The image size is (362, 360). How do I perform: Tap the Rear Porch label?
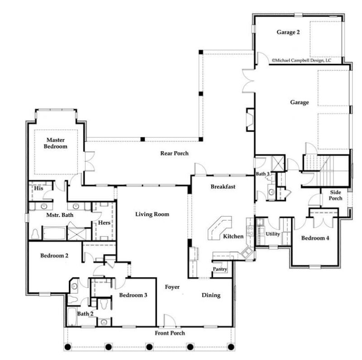click(174, 153)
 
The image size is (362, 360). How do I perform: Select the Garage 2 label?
click(288, 32)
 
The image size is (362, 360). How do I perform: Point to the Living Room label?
click(152, 214)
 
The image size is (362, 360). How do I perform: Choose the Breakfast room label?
click(223, 187)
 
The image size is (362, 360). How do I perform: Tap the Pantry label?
click(219, 270)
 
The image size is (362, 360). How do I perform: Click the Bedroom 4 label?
click(315, 238)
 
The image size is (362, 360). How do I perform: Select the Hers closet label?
click(104, 223)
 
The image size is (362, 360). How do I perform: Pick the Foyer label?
click(172, 287)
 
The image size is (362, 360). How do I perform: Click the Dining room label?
click(211, 295)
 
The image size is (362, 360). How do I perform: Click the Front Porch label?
click(171, 333)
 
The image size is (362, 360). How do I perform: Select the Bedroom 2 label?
click(54, 255)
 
